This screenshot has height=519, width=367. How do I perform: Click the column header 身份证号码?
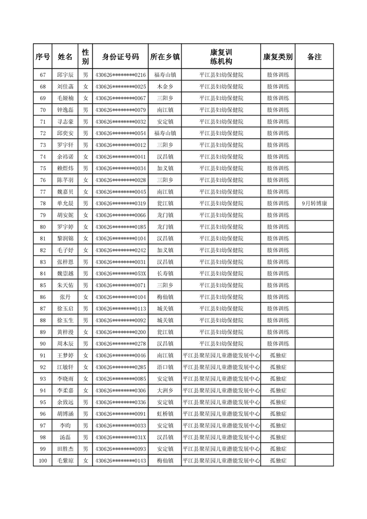coord(120,57)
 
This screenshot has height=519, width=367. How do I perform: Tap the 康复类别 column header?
coord(278,57)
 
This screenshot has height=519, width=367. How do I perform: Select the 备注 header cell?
coord(314,57)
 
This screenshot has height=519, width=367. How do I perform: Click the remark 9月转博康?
coord(314,203)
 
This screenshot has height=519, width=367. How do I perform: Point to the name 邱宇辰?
coord(65,75)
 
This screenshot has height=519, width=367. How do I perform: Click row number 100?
coord(43,461)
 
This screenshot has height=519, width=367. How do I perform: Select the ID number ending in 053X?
coord(120,274)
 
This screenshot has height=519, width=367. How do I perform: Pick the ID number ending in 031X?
coord(120,437)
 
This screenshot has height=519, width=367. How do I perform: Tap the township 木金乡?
coord(165,87)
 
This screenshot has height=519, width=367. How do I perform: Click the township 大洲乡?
coord(165,391)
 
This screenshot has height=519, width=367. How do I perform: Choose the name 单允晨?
coord(65,203)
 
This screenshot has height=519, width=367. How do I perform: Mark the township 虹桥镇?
coord(165,414)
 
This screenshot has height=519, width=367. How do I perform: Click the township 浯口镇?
coord(165,367)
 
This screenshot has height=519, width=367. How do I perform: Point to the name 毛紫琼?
coord(65,461)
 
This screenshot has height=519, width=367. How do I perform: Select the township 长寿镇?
coord(165,274)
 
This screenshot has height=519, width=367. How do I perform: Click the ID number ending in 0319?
coord(120,203)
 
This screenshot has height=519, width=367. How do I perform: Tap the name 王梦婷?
coord(65,356)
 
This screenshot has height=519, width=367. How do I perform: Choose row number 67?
coord(43,75)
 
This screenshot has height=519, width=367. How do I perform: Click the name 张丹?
coord(65,297)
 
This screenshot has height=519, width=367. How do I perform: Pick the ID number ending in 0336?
coord(120,402)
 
